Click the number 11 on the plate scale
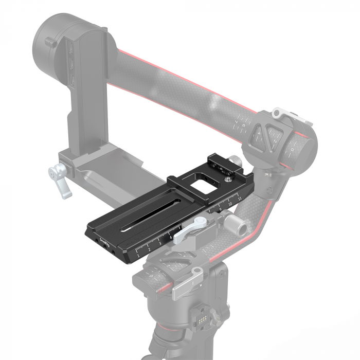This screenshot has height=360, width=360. coord(240,196)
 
